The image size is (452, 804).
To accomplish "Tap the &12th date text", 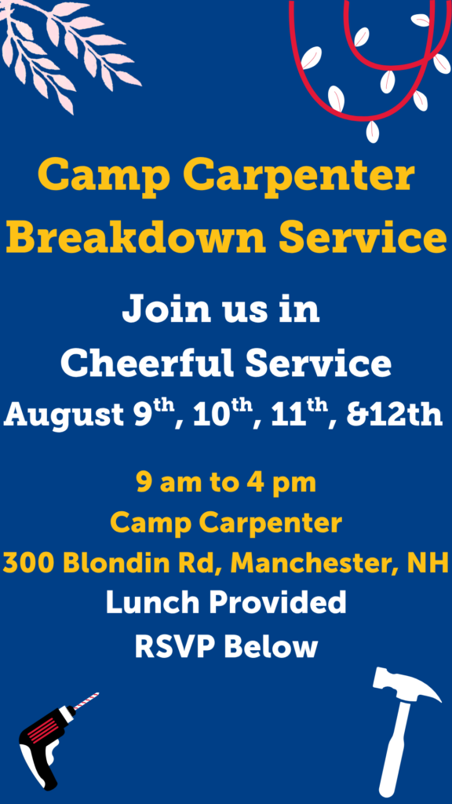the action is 395,415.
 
